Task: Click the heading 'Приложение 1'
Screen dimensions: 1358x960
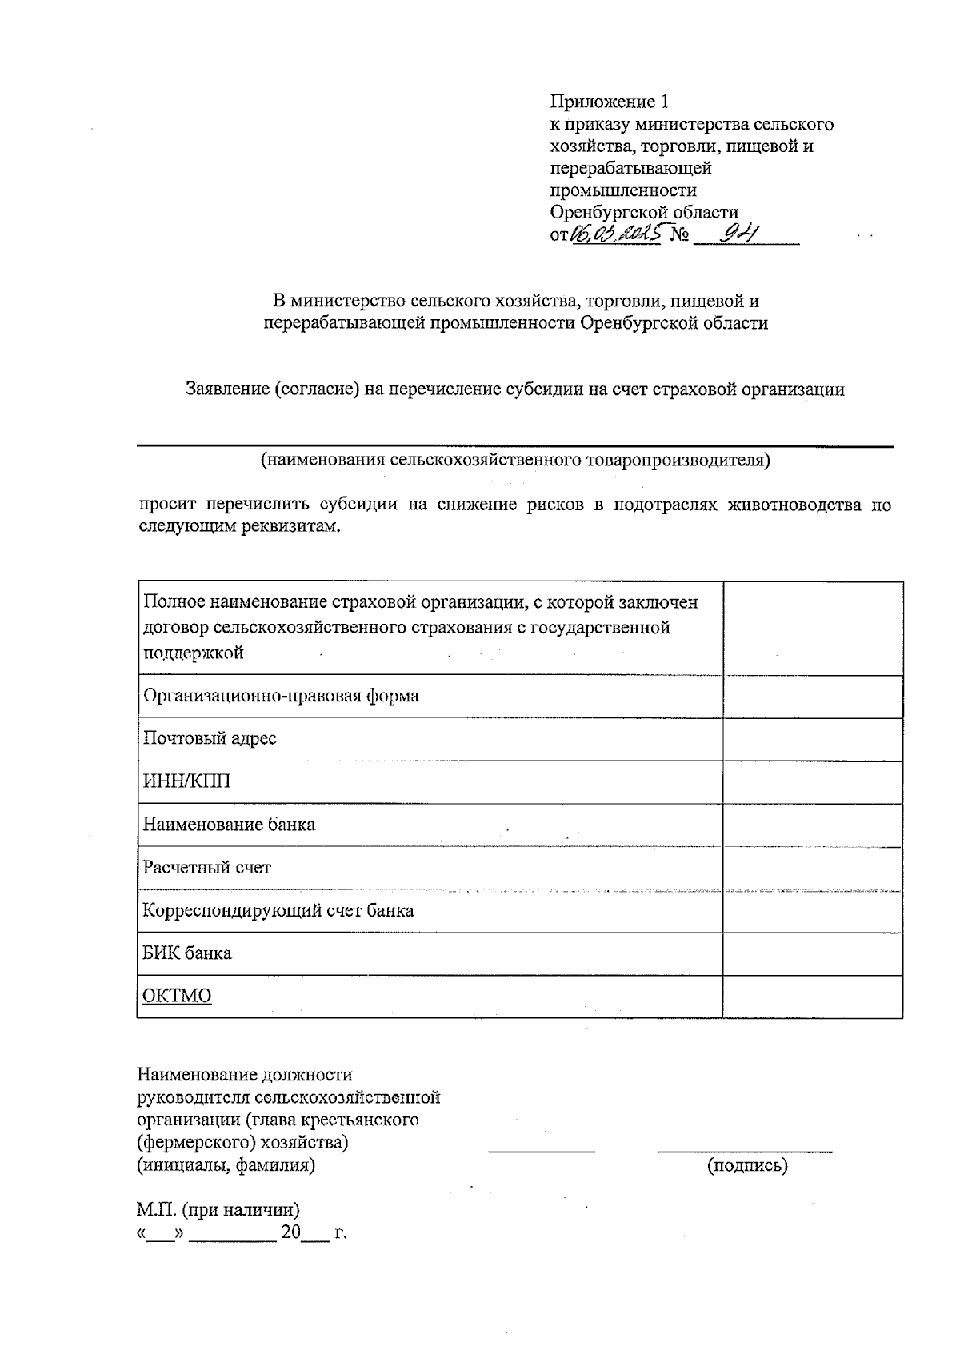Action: tap(608, 102)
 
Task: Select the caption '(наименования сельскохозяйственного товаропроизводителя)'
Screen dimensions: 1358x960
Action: tap(514, 460)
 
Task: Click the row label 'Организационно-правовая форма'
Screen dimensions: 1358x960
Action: tap(281, 696)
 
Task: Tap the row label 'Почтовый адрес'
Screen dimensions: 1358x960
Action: tap(210, 738)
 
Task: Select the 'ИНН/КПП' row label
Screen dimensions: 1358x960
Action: tap(186, 781)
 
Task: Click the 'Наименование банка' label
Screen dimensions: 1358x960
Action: tap(229, 825)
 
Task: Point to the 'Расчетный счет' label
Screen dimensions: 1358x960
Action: tap(206, 867)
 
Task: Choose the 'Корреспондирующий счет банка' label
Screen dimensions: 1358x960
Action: tap(278, 910)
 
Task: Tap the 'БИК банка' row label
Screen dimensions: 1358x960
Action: tap(186, 953)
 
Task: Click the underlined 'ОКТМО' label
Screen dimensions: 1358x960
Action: tap(177, 996)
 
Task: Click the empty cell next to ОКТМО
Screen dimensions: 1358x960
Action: tap(812, 996)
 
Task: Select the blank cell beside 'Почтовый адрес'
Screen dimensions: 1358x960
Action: tap(812, 738)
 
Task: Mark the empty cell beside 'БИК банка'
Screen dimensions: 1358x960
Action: tap(812, 953)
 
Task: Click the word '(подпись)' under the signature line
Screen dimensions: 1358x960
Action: tap(747, 1165)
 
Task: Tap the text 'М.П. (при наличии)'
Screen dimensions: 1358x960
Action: tap(218, 1210)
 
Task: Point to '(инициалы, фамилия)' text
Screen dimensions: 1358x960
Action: tap(226, 1165)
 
